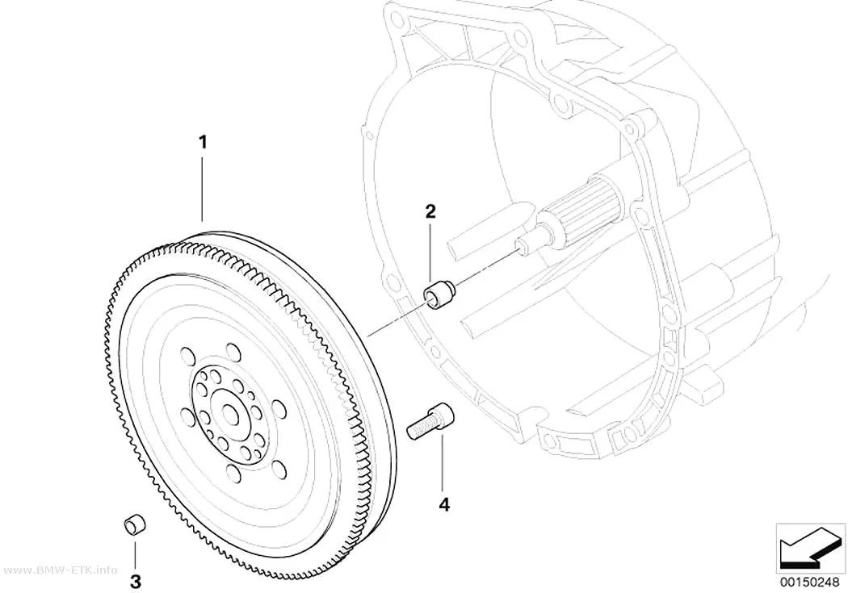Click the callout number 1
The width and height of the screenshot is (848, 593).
point(203,128)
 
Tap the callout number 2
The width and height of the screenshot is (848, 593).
point(430,211)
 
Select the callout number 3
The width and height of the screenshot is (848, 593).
point(135,583)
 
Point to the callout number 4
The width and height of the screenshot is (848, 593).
point(444,505)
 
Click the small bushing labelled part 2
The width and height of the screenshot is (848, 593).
point(439,294)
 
